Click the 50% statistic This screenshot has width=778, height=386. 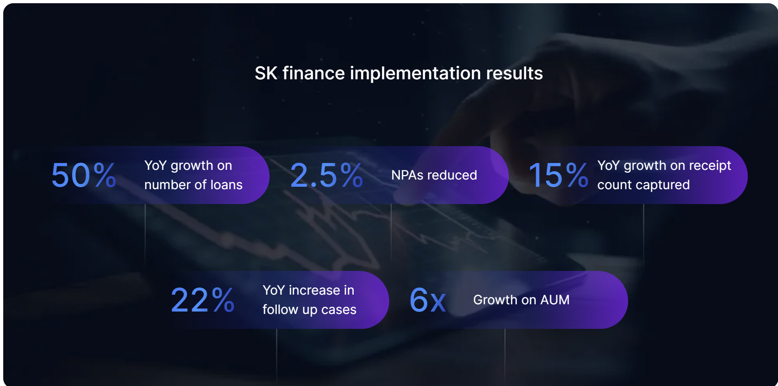point(84,175)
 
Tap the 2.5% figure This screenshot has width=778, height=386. point(326,175)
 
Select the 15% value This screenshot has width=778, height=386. point(558,175)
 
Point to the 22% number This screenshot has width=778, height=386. point(203,300)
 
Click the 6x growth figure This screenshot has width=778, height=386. point(428,300)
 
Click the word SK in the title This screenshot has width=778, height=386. point(266,73)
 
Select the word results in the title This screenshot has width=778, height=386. point(515,73)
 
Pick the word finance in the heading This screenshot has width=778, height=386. point(314,73)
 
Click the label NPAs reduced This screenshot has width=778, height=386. point(434,175)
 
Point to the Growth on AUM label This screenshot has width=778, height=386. point(521,300)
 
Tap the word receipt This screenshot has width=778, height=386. point(710,166)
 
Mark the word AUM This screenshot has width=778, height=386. point(555,300)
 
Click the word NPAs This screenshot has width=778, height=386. point(407,175)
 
